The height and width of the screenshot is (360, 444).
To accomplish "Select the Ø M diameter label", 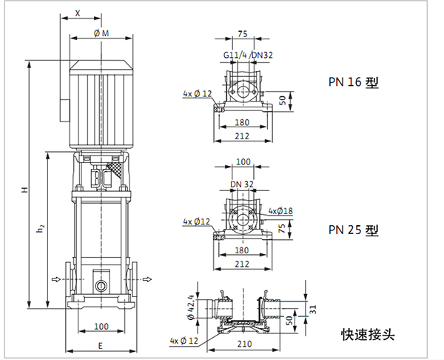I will click(101, 33).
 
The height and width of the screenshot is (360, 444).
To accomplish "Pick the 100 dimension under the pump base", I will click(101, 326).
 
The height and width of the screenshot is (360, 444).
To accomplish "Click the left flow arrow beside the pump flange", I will click(56, 279).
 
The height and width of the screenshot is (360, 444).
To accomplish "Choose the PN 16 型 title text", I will click(353, 82).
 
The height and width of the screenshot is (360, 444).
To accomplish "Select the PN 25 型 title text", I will click(353, 230).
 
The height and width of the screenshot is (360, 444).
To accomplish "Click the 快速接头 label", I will click(368, 334).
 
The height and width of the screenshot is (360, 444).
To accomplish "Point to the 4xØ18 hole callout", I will click(280, 210).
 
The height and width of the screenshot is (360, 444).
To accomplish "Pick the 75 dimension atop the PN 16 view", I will click(243, 33).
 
